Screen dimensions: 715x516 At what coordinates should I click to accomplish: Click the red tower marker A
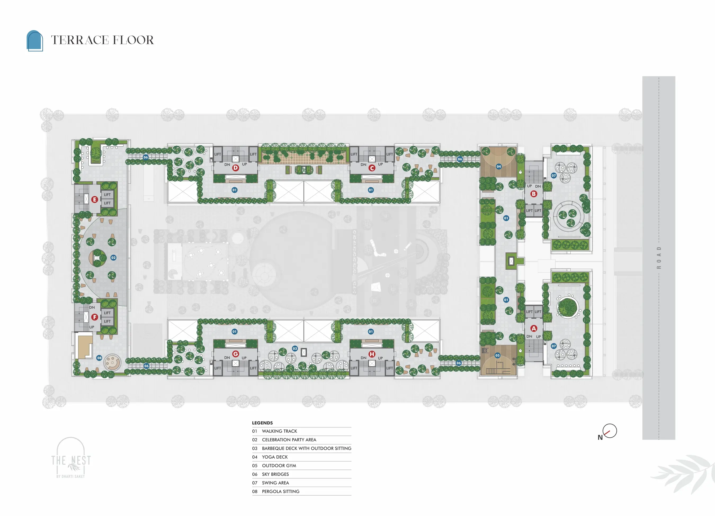tap(533, 328)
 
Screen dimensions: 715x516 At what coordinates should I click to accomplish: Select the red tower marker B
tap(533, 194)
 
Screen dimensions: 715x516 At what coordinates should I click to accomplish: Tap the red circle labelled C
tap(372, 168)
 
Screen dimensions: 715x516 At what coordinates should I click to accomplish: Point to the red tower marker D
tap(235, 168)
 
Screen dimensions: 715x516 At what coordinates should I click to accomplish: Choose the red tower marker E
tap(95, 200)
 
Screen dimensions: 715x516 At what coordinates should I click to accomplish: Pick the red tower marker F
tap(95, 317)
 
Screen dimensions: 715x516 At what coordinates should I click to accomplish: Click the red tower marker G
tap(235, 354)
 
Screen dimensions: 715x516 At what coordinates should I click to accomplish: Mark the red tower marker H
tap(372, 354)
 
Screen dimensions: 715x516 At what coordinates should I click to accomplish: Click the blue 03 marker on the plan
tap(295, 348)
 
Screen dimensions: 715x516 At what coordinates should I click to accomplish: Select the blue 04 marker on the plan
tap(498, 166)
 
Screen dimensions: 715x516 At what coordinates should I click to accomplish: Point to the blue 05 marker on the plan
tap(498, 355)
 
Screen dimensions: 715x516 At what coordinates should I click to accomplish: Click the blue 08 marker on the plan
tap(99, 358)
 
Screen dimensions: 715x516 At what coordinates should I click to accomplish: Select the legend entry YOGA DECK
tap(275, 457)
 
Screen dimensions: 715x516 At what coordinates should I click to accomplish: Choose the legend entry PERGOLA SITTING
tap(281, 491)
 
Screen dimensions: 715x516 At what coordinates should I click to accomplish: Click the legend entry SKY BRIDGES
tap(275, 474)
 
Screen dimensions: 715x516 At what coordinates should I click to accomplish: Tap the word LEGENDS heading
tap(262, 423)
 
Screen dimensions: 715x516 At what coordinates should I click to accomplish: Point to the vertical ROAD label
tap(659, 258)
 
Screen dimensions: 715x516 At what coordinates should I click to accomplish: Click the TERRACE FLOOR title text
tap(102, 40)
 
